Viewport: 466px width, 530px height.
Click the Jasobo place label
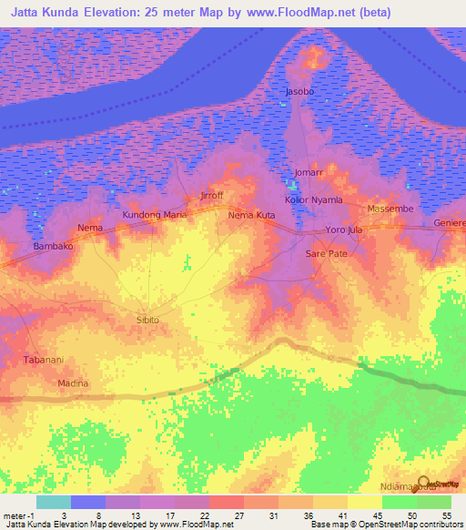pos(299,93)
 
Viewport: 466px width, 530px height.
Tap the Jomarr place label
pos(309,172)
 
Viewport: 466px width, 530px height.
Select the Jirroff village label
pos(210,196)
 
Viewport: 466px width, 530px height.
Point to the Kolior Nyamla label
pos(313,199)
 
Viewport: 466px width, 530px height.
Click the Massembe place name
pos(390,209)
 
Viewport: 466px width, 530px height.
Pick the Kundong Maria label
pos(155,215)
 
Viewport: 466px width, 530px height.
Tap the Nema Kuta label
pos(252,215)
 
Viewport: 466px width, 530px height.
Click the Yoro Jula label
pos(344,230)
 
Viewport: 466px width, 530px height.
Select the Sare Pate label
pos(326,253)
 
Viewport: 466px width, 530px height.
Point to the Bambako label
pos(53,247)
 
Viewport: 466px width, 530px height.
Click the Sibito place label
pos(147,321)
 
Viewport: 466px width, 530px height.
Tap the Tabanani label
pos(43,360)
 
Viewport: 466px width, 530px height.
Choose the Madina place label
pos(73,383)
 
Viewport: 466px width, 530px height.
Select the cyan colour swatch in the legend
pos(53,502)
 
